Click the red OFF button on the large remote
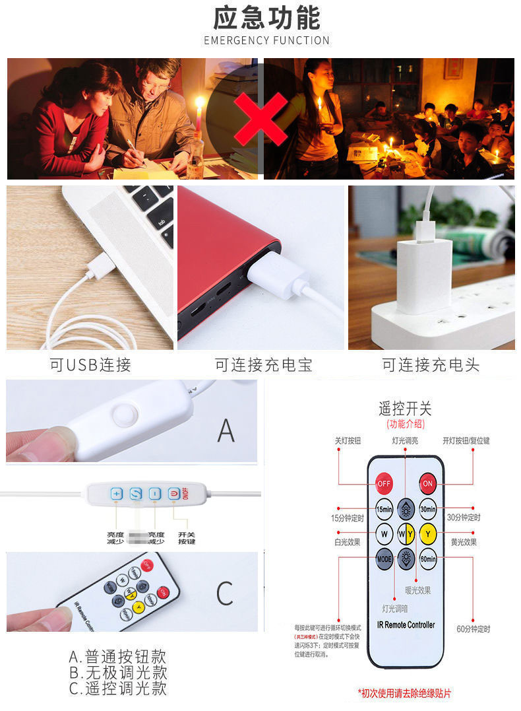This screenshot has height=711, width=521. [384, 484]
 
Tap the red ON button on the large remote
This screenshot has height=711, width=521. [428, 484]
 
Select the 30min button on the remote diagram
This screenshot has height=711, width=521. [428, 509]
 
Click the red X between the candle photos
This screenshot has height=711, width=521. [261, 119]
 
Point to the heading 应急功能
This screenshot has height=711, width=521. [266, 18]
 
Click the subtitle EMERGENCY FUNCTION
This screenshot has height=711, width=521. [266, 40]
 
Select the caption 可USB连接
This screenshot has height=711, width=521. [90, 364]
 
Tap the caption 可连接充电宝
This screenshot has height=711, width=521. [263, 364]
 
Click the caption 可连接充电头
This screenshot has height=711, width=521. [431, 364]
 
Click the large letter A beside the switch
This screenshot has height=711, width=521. [226, 430]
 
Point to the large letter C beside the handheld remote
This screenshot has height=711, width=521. [225, 593]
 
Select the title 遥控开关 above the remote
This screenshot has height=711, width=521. [405, 409]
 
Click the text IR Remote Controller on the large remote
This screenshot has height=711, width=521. [406, 625]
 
